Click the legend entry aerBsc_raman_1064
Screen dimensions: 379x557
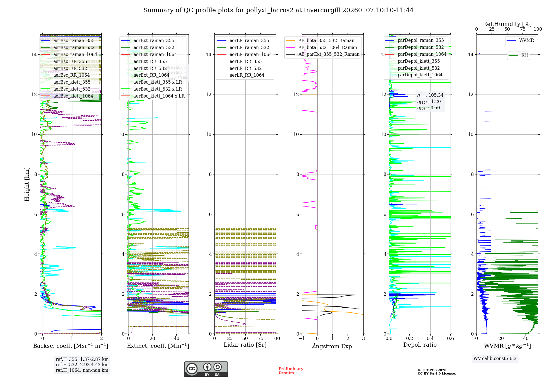[75, 55]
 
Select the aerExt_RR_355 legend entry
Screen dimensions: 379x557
[150, 62]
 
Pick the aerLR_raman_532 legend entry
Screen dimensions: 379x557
[249, 48]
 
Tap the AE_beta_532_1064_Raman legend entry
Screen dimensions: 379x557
[328, 48]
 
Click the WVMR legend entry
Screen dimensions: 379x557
[526, 40]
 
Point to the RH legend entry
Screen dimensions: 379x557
[524, 55]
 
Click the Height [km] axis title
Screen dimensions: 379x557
[27, 184]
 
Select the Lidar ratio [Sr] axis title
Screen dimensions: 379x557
[245, 345]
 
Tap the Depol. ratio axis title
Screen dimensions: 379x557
[420, 345]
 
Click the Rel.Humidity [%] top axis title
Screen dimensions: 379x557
[507, 24]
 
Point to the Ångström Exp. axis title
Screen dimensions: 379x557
[333, 346]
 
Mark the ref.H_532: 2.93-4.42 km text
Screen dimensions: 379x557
[82, 365]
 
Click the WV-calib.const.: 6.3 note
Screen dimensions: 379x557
[495, 358]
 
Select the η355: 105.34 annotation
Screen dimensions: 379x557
[430, 95]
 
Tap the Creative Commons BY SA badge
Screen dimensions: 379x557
[206, 369]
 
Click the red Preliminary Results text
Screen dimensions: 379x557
[291, 371]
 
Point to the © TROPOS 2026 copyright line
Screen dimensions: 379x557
[432, 370]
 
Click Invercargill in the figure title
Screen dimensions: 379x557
[322, 10]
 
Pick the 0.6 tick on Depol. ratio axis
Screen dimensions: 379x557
[450, 338]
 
